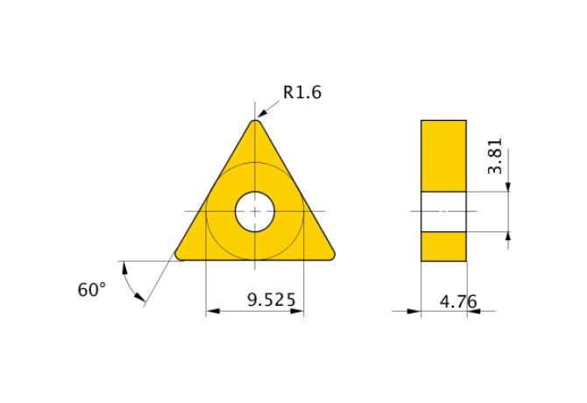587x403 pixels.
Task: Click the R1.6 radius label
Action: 302,92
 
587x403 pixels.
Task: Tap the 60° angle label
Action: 91,290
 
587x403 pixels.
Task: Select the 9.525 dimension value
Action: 272,300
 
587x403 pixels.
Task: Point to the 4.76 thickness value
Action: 458,301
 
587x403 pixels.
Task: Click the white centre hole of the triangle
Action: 255,211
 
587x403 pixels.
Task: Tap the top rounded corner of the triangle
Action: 255,124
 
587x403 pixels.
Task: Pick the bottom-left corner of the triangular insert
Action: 182,255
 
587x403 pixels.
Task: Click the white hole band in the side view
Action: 443,211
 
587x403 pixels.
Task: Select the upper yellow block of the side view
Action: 443,155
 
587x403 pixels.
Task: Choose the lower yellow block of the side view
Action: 443,246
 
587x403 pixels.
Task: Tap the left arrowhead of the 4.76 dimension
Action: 415,310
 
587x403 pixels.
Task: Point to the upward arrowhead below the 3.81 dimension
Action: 509,238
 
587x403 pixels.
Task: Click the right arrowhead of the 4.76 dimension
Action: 472,310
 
